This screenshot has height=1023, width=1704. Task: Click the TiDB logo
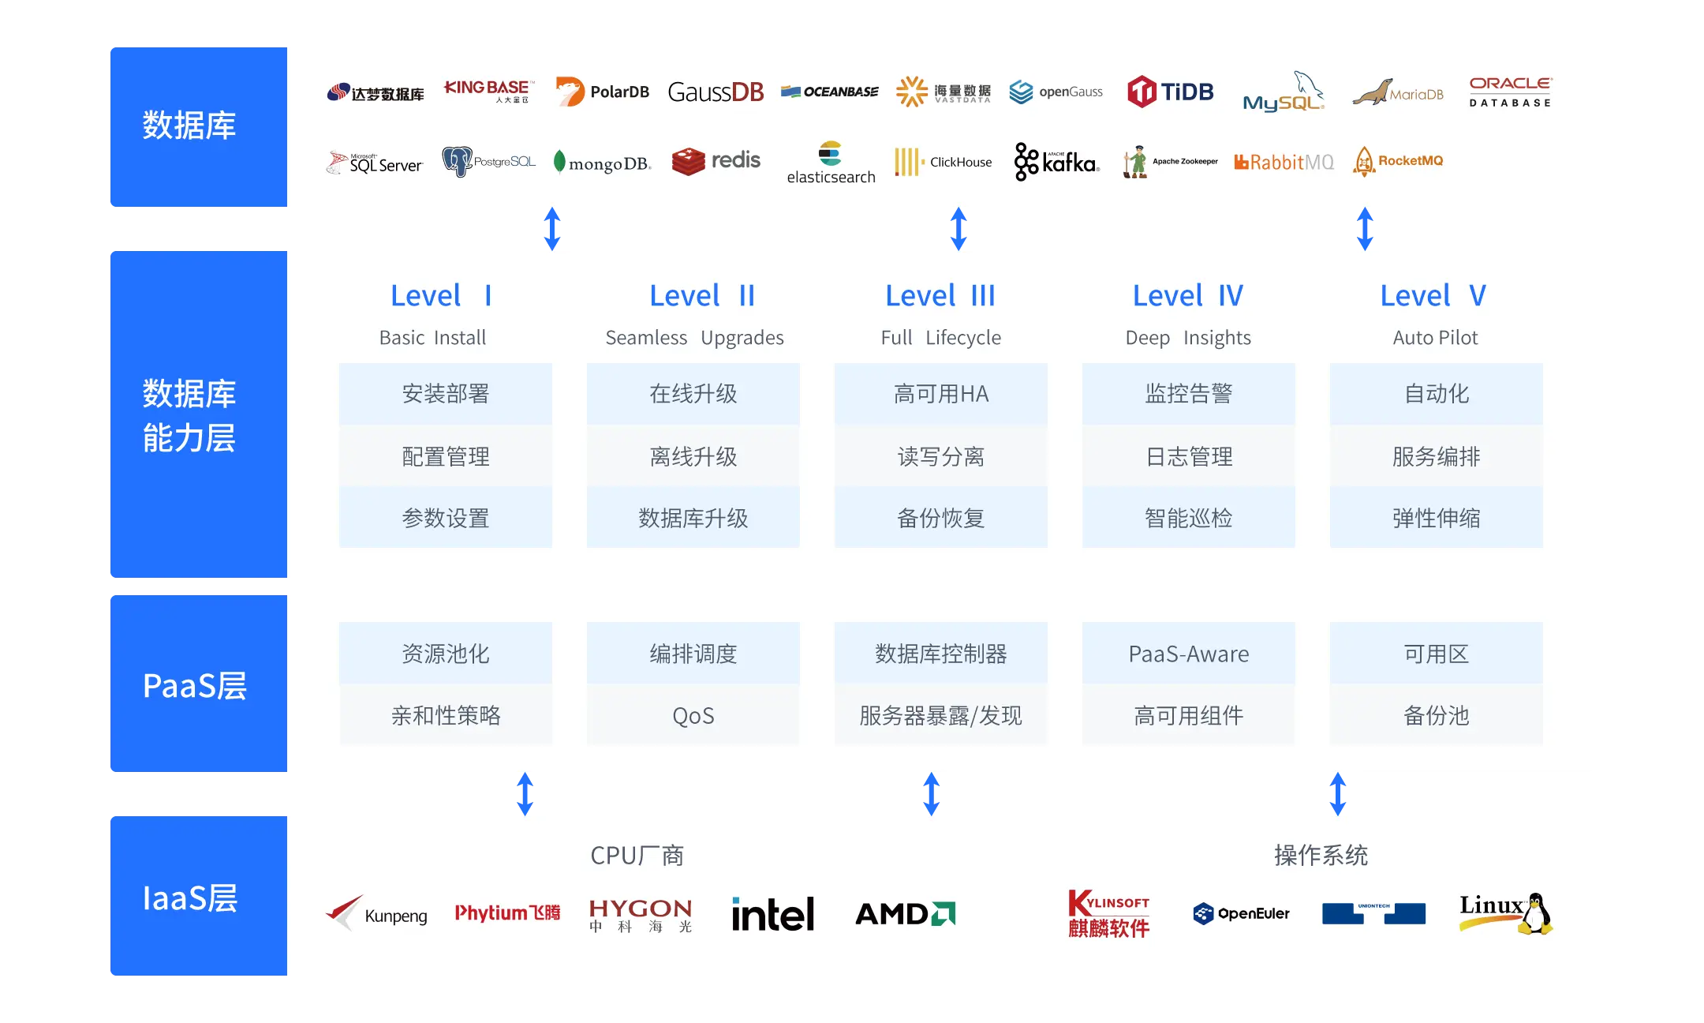(x=1171, y=92)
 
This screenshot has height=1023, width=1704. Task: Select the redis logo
(x=716, y=161)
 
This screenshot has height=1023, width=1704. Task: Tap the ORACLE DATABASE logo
(x=1510, y=92)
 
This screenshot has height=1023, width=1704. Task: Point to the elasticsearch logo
(x=831, y=163)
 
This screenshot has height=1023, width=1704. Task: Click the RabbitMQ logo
(x=1284, y=162)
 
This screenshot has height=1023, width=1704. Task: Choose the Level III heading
(x=940, y=296)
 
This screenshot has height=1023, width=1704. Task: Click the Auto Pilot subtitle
(x=1435, y=338)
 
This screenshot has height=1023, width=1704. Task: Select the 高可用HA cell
(x=940, y=394)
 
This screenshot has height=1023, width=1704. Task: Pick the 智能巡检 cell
(x=1188, y=518)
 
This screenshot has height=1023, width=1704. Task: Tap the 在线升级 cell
(x=693, y=394)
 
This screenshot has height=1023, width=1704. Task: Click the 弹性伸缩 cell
(x=1436, y=518)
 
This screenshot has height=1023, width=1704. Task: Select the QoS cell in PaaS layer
(x=693, y=715)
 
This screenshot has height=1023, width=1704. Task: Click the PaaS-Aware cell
(x=1188, y=654)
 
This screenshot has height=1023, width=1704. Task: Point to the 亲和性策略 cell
(x=446, y=715)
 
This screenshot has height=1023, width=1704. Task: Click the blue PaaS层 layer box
(x=197, y=684)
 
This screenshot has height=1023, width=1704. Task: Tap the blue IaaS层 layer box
(x=197, y=897)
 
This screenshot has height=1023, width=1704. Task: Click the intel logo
(x=773, y=914)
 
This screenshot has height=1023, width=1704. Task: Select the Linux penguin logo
(x=1505, y=913)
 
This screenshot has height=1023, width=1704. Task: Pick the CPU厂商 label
(x=637, y=856)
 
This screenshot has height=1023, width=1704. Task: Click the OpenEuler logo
(x=1241, y=913)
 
